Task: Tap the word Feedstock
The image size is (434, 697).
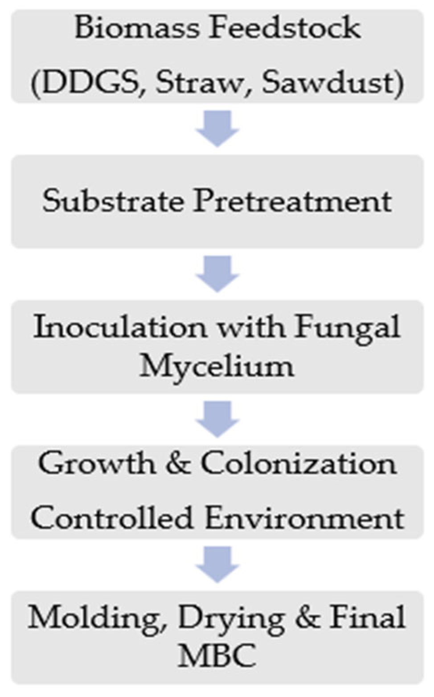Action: tap(285, 28)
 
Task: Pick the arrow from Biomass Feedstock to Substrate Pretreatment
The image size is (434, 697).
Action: tap(217, 129)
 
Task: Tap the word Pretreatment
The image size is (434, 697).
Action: tap(292, 202)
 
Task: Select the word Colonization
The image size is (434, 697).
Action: tap(298, 464)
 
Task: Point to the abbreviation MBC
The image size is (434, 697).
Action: tap(217, 655)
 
